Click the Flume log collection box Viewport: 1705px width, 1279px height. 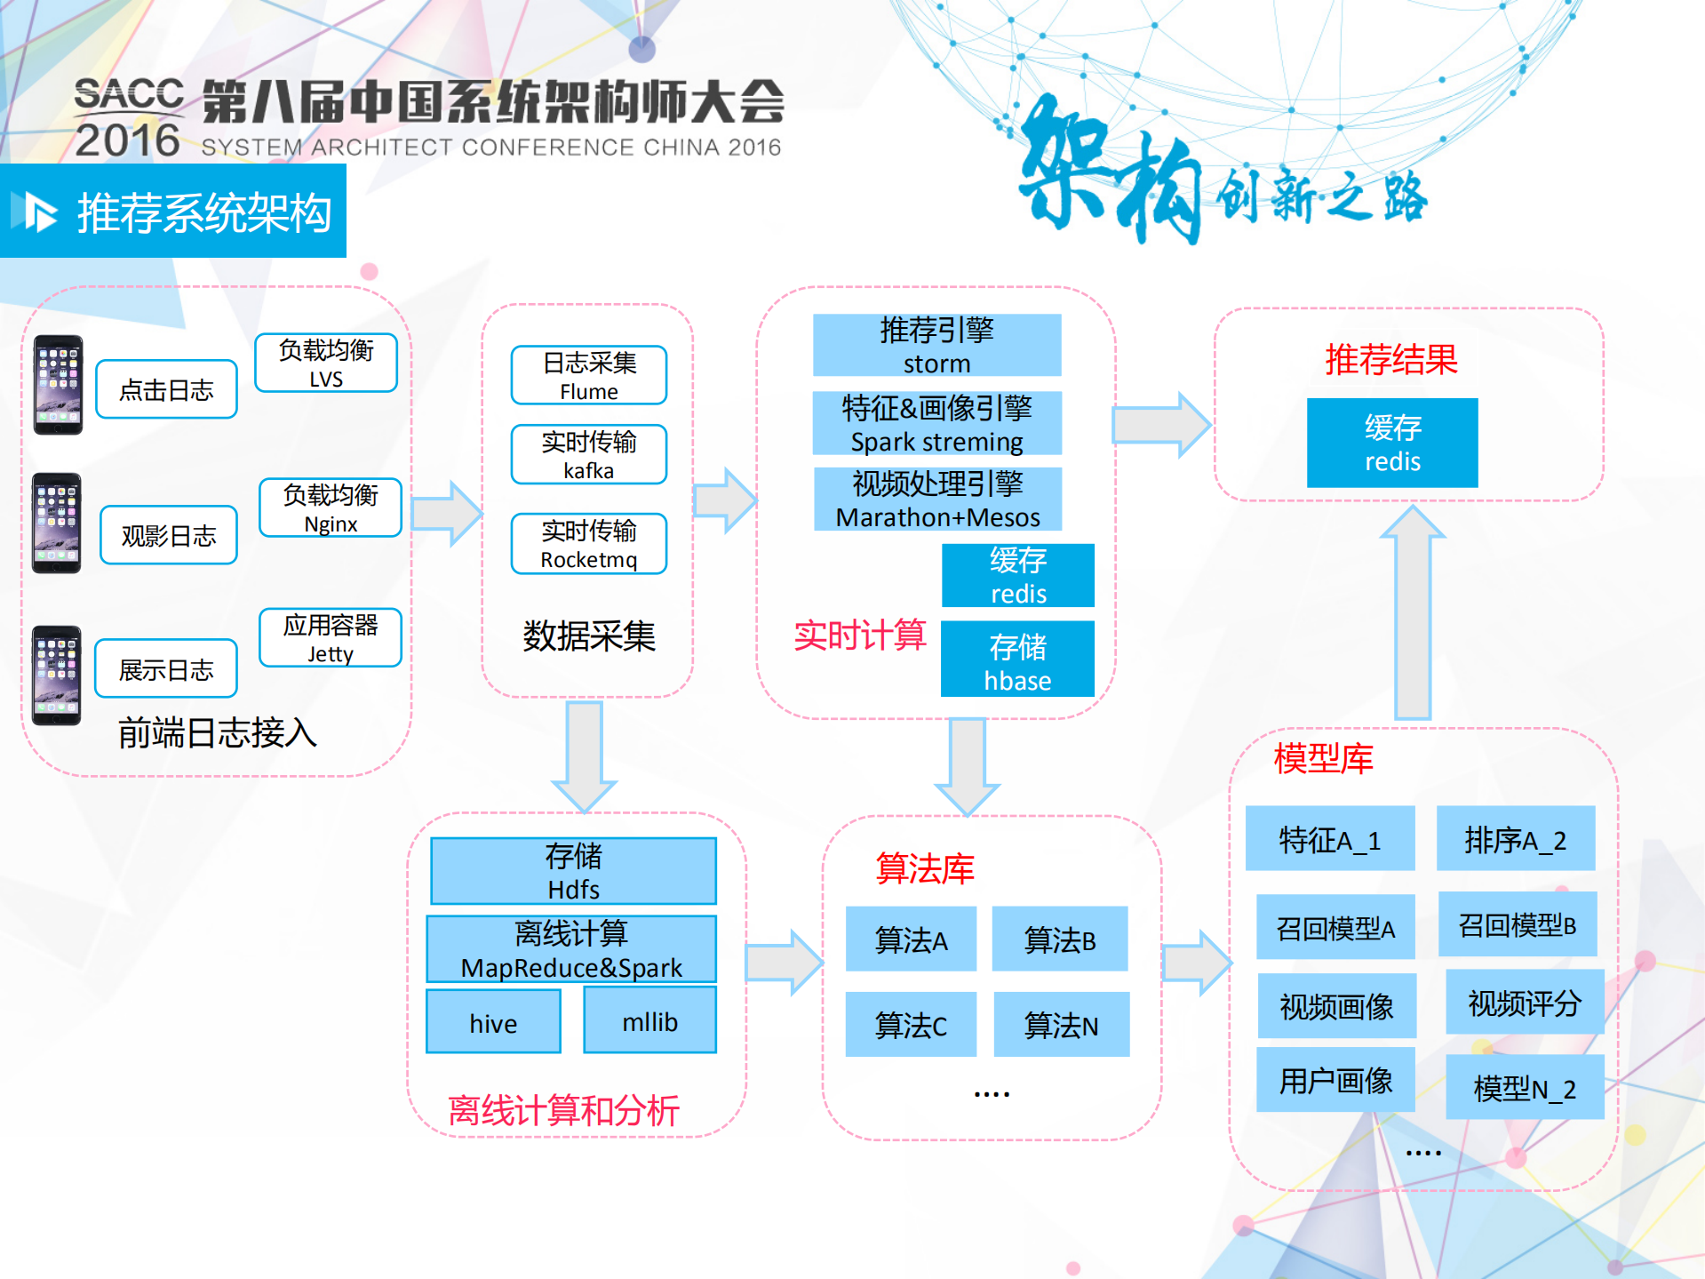tap(588, 375)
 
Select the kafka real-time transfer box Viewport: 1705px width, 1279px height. tap(588, 454)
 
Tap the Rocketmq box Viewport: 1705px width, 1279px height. tap(588, 543)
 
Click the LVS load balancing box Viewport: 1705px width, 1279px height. tap(326, 363)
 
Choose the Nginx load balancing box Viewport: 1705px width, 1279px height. tap(331, 508)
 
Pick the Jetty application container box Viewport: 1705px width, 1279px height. tap(331, 637)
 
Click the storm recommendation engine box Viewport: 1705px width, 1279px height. tap(936, 345)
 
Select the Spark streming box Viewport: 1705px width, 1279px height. tap(936, 423)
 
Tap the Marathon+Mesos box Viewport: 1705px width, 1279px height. tap(937, 499)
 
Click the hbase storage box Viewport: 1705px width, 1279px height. tap(1017, 659)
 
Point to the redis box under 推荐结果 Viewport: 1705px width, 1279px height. tap(1392, 443)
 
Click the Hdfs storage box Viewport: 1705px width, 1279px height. tap(573, 871)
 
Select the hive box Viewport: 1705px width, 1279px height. tap(493, 1022)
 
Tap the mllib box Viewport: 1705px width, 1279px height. tap(649, 1021)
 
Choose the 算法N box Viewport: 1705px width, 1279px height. tap(1061, 1025)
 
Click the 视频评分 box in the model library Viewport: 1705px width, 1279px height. tap(1524, 1003)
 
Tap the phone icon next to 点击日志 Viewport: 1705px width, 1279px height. tap(58, 385)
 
